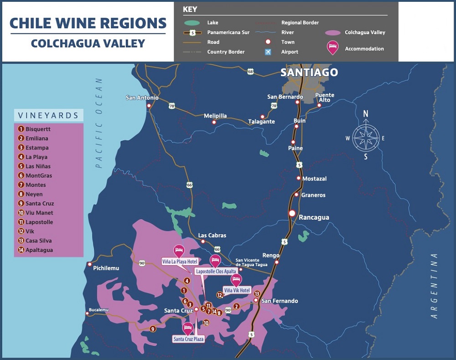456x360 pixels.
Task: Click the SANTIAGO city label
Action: click(x=309, y=72)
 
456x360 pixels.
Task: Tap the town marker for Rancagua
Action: click(x=292, y=213)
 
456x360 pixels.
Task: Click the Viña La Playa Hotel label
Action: click(x=180, y=262)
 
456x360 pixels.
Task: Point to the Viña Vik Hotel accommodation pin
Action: click(x=236, y=280)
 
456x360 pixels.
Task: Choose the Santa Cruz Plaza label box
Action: click(x=188, y=339)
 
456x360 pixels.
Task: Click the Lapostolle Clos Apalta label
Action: click(x=216, y=271)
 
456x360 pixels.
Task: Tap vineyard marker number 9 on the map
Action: click(x=153, y=329)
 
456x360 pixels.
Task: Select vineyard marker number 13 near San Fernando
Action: click(x=257, y=294)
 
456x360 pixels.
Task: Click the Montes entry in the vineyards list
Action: click(x=36, y=185)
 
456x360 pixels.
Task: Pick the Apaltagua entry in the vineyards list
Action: click(x=39, y=250)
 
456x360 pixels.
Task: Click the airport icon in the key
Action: click(x=268, y=51)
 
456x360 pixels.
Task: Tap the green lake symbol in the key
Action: click(x=192, y=23)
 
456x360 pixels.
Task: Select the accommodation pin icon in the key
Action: click(x=333, y=48)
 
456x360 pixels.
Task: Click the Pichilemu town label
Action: click(x=106, y=268)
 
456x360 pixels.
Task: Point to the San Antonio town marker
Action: click(x=149, y=106)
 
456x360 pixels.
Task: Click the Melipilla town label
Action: click(x=215, y=116)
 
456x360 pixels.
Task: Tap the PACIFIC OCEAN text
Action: click(x=99, y=123)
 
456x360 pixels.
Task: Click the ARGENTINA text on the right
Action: click(x=434, y=285)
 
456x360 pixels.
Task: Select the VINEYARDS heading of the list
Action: click(x=48, y=115)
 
